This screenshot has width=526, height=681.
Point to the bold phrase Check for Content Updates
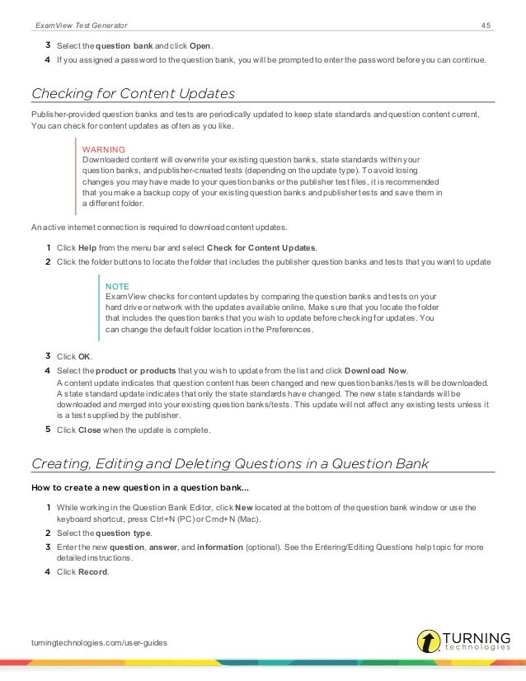click(261, 248)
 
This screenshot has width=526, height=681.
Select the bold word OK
click(84, 357)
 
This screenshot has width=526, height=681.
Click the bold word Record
click(92, 571)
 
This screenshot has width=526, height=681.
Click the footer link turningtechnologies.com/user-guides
click(91, 641)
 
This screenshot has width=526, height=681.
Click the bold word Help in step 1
click(88, 248)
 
